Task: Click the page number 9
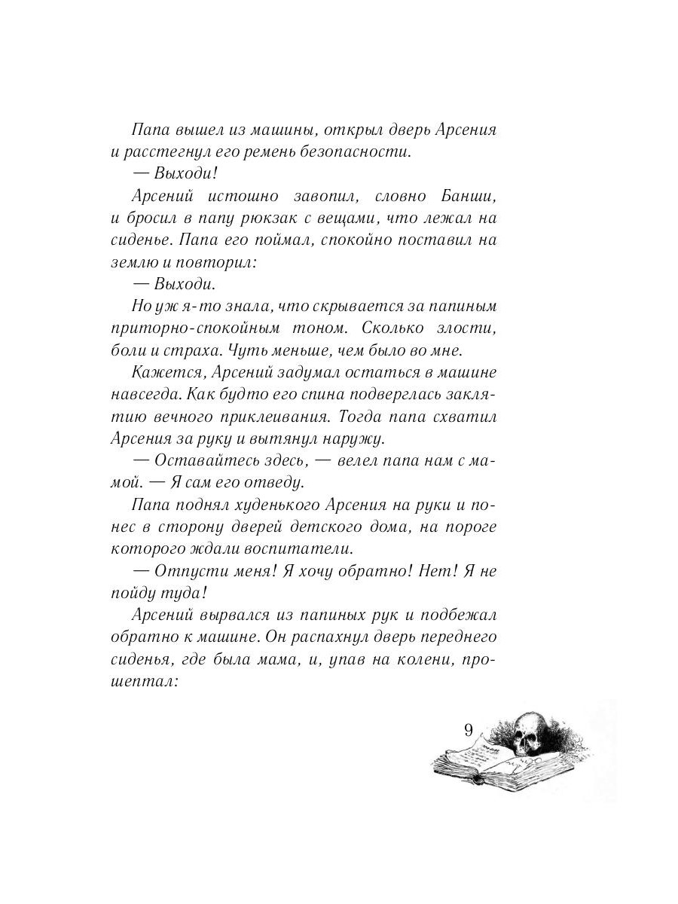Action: pos(469,729)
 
